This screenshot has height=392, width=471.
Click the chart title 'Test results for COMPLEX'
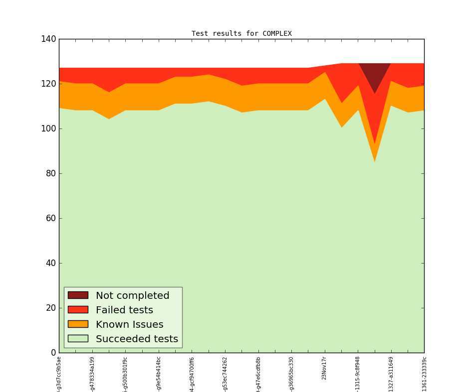tap(241, 34)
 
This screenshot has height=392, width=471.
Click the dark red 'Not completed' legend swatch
tap(78, 295)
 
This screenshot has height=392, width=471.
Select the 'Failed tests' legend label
tap(124, 310)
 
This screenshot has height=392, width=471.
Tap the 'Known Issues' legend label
tap(129, 324)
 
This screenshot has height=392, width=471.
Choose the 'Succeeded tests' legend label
tap(137, 339)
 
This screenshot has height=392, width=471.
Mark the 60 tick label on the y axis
tap(49, 218)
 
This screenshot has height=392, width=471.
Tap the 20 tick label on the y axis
tap(49, 308)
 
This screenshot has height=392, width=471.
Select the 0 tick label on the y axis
tap(52, 353)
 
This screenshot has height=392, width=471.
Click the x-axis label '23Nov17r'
tap(324, 368)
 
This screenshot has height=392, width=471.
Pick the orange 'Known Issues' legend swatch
tap(78, 324)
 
